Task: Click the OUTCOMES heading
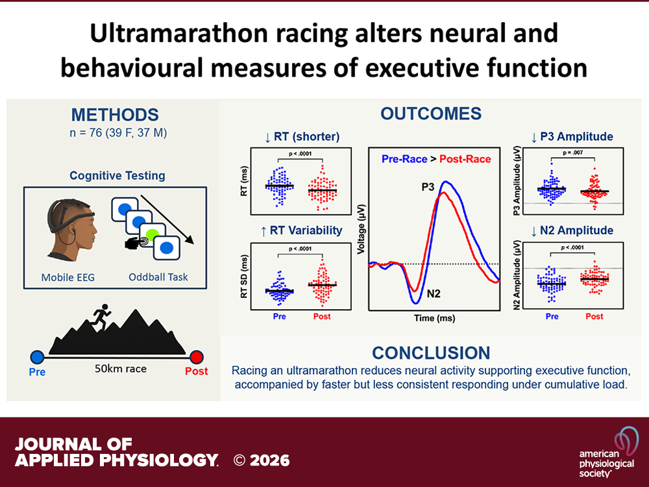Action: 431,114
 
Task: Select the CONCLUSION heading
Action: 431,353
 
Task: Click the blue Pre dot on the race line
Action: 37,356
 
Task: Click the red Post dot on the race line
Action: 196,356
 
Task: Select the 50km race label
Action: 121,369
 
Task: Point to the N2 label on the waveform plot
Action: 434,294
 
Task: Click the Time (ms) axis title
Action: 434,319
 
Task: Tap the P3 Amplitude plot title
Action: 566,136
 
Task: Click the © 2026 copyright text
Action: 262,460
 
